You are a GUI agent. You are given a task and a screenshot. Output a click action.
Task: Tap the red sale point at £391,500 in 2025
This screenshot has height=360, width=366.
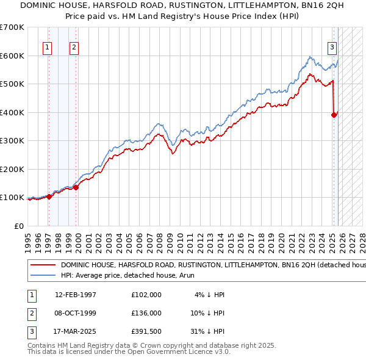pos(334,114)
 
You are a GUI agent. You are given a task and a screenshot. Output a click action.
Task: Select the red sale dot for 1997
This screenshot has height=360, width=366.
pos(49,196)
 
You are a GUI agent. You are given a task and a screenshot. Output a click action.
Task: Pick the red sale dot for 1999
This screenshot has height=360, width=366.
pos(76,187)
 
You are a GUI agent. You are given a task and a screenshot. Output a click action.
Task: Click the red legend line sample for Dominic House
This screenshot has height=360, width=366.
pos(43,265)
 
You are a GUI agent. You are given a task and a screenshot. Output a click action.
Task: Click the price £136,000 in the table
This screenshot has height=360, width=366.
pos(146,313)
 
